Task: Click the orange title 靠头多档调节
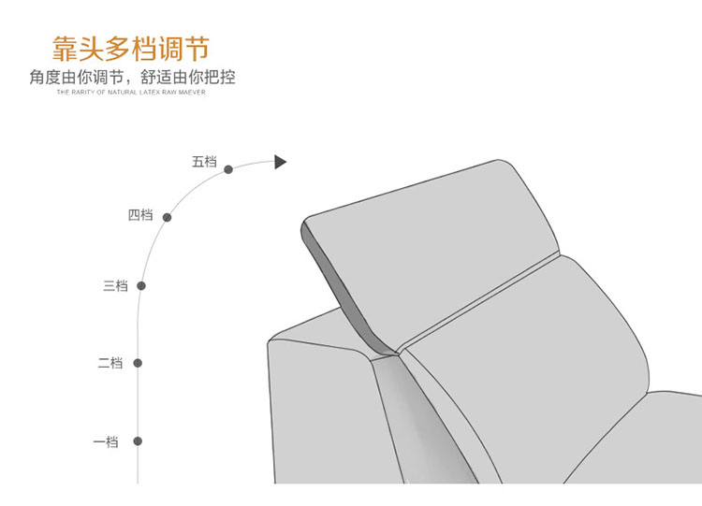tap(131, 49)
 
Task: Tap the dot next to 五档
tap(228, 169)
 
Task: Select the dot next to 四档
tap(167, 217)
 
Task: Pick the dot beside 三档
tap(141, 286)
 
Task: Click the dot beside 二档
tap(138, 363)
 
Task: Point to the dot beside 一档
tap(138, 441)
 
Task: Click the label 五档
tap(204, 162)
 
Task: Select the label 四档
tap(140, 215)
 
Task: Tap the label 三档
tap(115, 286)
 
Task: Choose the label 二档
tap(110, 363)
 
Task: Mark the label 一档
tap(106, 442)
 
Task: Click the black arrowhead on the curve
tap(280, 162)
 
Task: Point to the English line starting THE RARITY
tap(131, 93)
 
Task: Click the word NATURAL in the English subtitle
tap(123, 93)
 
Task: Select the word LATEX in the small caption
tap(147, 93)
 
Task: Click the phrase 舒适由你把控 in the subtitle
tap(188, 77)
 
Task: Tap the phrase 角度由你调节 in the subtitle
tap(76, 77)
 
